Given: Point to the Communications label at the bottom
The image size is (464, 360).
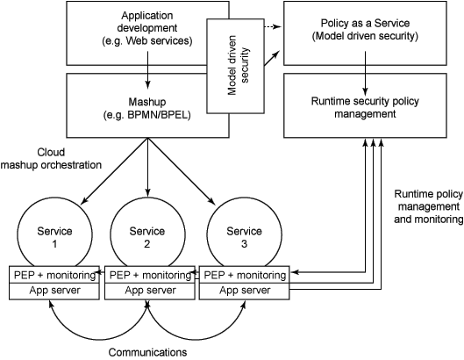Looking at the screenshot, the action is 147,352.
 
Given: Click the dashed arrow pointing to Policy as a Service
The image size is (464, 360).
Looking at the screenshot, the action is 272,27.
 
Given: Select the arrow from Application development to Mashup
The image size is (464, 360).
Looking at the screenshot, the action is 147,70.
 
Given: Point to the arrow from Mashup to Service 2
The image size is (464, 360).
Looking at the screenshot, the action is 147,168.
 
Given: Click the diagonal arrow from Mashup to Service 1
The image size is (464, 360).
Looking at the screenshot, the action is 114,171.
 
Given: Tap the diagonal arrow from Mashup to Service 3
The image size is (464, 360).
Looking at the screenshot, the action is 182,171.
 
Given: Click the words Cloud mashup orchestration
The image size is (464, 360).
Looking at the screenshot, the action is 51,159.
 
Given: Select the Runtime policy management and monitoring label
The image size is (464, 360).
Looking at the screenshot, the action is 429,206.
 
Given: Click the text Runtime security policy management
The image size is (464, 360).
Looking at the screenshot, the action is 365,107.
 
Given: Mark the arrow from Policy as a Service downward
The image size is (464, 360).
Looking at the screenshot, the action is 365,74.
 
